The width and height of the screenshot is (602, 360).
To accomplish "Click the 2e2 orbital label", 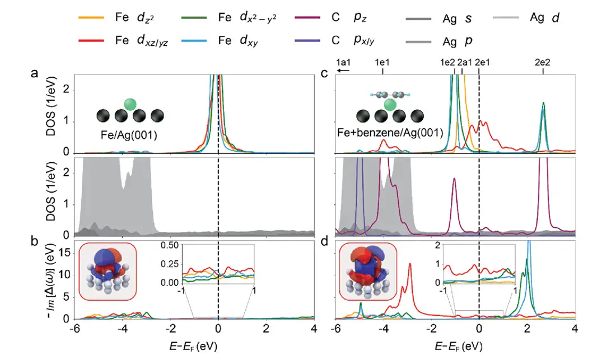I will [x=542, y=63].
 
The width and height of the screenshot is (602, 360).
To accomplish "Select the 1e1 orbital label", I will [x=382, y=63].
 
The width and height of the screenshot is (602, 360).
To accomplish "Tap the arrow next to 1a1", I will [x=343, y=71].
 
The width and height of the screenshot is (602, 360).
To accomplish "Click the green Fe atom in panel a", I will [x=130, y=104].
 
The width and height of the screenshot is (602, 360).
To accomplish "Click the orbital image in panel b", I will [x=108, y=273].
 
